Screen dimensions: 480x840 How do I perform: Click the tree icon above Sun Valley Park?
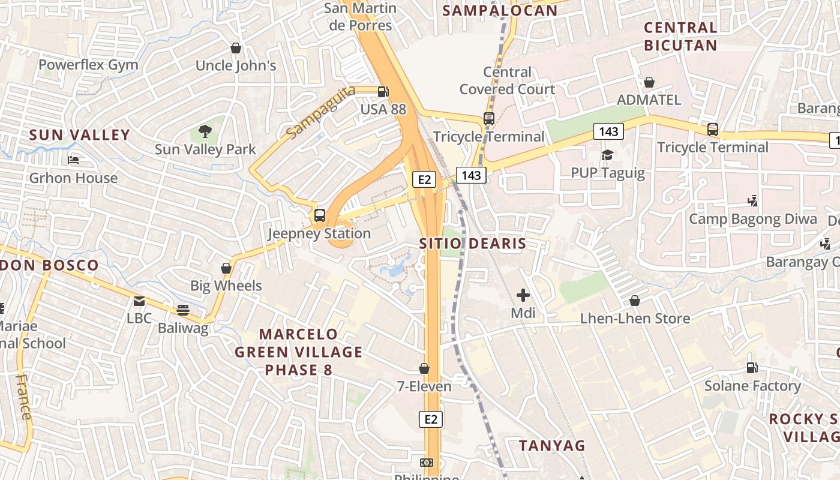[x=205, y=131]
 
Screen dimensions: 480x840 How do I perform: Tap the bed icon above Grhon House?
[x=73, y=160]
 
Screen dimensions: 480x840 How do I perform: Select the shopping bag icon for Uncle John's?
[x=236, y=47]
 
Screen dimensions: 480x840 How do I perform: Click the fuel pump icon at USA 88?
[x=383, y=92]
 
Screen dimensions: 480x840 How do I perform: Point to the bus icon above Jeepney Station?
[x=320, y=215]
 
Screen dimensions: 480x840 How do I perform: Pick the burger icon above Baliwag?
[x=183, y=310]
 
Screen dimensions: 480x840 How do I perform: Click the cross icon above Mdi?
[x=523, y=295]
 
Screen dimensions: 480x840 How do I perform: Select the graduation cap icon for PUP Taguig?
[x=607, y=155]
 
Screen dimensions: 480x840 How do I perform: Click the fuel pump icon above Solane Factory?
[x=752, y=368]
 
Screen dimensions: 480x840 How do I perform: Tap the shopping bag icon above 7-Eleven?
[x=424, y=368]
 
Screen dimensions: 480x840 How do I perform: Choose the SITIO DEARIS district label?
[x=473, y=244]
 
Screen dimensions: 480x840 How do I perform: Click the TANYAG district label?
[x=552, y=445]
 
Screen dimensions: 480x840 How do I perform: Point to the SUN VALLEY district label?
[x=80, y=135]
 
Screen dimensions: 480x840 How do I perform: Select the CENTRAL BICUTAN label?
[x=680, y=37]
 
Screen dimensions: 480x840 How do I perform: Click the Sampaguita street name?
[x=321, y=112]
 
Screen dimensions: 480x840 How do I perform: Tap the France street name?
[x=23, y=397]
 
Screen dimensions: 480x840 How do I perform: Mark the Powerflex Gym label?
[x=88, y=65]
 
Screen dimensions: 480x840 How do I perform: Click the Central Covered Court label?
[x=508, y=80]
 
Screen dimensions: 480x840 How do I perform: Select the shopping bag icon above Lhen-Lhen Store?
[x=635, y=300]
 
